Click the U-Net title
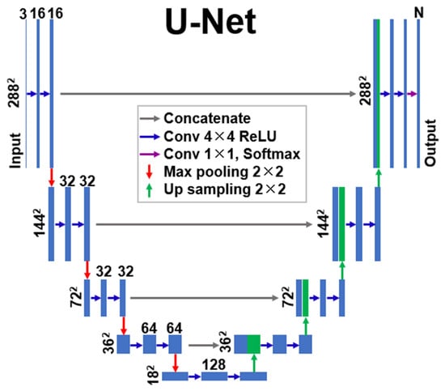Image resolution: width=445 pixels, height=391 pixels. coord(210,21)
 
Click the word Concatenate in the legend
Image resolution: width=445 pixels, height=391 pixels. coord(207,118)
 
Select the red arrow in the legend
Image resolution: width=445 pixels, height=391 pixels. coord(150,172)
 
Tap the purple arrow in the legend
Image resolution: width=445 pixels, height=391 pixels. coord(150,154)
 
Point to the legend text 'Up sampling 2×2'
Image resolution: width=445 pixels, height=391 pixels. coord(225,189)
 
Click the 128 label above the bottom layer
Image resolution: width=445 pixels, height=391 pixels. coord(214,364)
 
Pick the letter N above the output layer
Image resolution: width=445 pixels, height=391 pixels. coord(419,12)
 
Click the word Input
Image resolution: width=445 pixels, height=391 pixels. coord(15,151)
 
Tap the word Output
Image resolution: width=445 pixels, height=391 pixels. coord(430,142)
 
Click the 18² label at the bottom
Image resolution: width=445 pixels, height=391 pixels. coord(153,375)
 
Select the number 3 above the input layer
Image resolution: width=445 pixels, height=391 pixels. coord(23,14)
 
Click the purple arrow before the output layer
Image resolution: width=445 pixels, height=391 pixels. coord(412,94)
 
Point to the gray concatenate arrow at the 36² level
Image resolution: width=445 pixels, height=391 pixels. coord(203,346)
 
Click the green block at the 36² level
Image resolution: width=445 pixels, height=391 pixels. coord(254,344)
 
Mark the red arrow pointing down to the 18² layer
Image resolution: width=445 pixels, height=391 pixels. coord(176,363)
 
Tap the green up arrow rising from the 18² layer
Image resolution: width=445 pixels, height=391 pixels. coord(254,363)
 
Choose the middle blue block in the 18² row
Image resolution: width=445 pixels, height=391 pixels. coord(214,376)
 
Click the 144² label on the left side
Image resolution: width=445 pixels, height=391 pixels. coord(40,223)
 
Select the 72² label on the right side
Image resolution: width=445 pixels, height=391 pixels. coord(288,297)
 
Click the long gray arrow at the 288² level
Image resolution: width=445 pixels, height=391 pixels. coord(208,93)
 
